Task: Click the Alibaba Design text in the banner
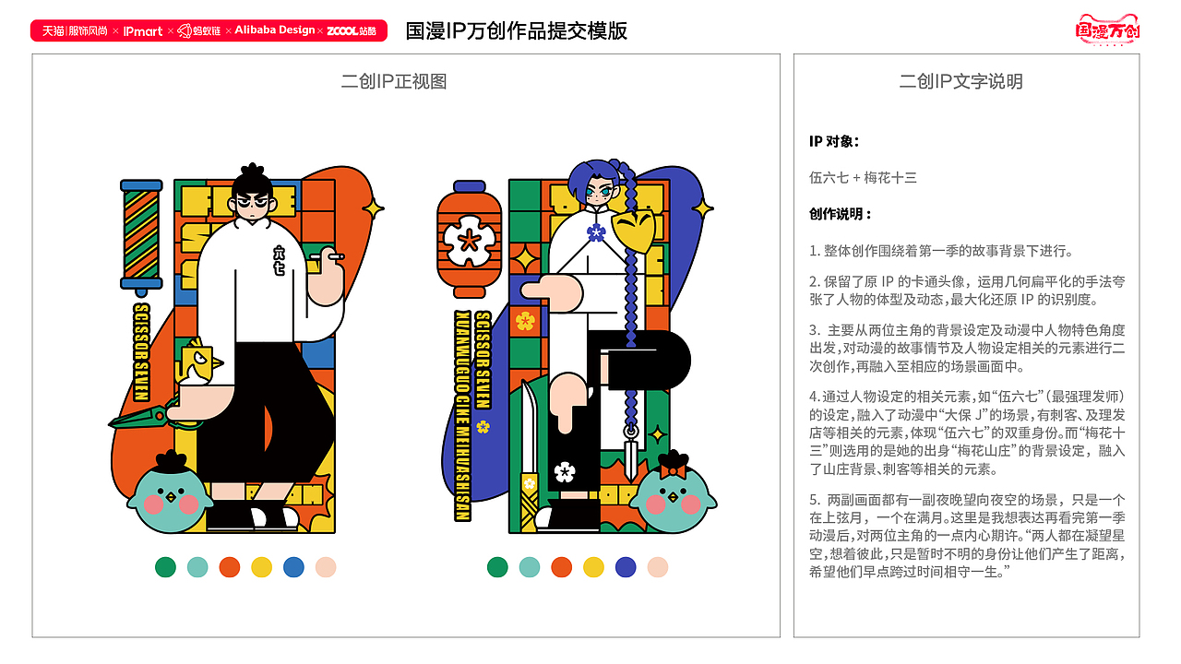click(x=274, y=30)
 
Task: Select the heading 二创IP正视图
click(x=394, y=81)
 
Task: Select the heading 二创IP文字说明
click(x=961, y=81)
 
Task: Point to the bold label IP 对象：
click(x=834, y=141)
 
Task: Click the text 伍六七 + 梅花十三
click(x=863, y=177)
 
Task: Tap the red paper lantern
click(x=470, y=240)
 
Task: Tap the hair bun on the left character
click(x=251, y=173)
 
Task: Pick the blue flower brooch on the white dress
click(x=596, y=232)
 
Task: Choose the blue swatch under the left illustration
click(x=293, y=567)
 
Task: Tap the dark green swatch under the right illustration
click(x=497, y=567)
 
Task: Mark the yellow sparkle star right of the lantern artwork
click(x=703, y=209)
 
